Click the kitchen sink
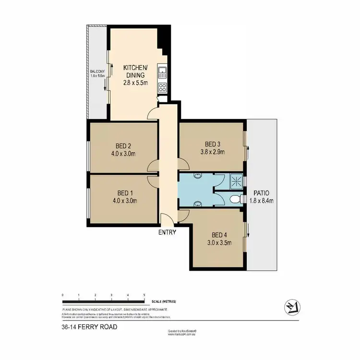coord(163,73)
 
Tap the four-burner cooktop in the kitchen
coord(163,88)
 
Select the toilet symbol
coord(234,199)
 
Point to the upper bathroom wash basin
coord(197,177)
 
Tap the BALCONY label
coord(98,72)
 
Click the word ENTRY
coord(168,232)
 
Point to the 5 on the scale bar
coord(144,295)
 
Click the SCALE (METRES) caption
coord(163,301)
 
